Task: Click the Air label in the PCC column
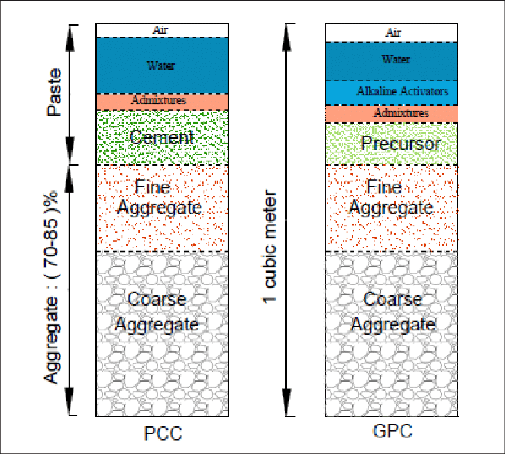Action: (x=162, y=30)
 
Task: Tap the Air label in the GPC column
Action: (x=392, y=32)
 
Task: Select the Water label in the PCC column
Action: (x=162, y=66)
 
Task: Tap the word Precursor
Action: (x=391, y=144)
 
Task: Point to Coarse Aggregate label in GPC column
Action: (x=392, y=312)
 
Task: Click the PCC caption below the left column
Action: (x=162, y=435)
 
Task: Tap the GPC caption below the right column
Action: (x=391, y=433)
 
